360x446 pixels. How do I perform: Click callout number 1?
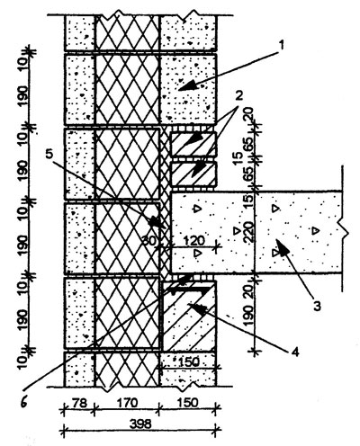pyautogui.click(x=281, y=46)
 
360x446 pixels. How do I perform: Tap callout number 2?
pyautogui.click(x=239, y=96)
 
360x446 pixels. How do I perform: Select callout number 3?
pyautogui.click(x=318, y=306)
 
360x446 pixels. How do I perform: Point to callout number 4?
pyautogui.click(x=295, y=352)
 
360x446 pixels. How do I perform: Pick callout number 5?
pyautogui.click(x=49, y=155)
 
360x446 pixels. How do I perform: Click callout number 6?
pyautogui.click(x=24, y=402)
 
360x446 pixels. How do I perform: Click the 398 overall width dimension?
pyautogui.click(x=140, y=424)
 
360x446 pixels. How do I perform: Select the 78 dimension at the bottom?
pyautogui.click(x=79, y=403)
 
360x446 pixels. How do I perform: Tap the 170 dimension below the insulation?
pyautogui.click(x=127, y=403)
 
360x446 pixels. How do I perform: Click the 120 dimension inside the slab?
pyautogui.click(x=193, y=240)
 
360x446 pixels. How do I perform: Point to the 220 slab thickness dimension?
pyautogui.click(x=249, y=232)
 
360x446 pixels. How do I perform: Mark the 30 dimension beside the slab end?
pyautogui.click(x=149, y=241)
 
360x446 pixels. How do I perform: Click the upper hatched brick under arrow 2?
pyautogui.click(x=193, y=144)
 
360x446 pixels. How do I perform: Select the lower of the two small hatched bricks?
pyautogui.click(x=193, y=174)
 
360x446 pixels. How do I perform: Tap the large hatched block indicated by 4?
pyautogui.click(x=189, y=316)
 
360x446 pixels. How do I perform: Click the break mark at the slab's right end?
pyautogui.click(x=344, y=232)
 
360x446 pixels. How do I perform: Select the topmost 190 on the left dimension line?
pyautogui.click(x=23, y=95)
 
